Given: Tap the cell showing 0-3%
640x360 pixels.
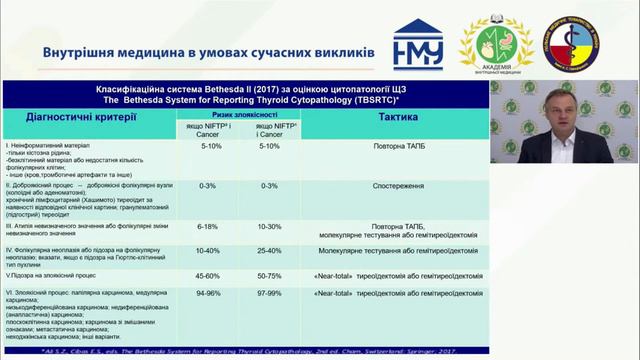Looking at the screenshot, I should (x=211, y=186).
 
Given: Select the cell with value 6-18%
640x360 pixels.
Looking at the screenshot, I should (x=211, y=227).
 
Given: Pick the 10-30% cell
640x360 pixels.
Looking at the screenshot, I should (x=271, y=227).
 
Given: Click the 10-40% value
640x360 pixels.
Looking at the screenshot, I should (x=211, y=251).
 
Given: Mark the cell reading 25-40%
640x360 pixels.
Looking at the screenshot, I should (x=271, y=251).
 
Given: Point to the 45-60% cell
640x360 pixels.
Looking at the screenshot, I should (x=211, y=274).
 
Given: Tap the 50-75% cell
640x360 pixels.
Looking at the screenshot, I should (x=271, y=274).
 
